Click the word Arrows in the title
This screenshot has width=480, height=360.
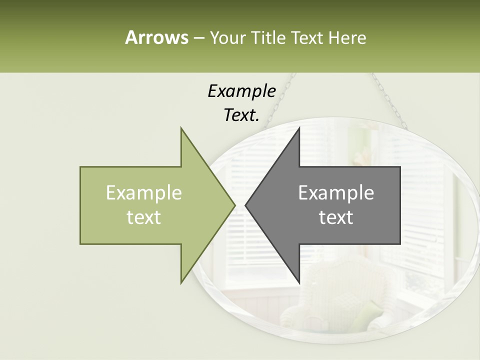(x=156, y=37)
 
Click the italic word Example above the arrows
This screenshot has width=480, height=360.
(x=241, y=91)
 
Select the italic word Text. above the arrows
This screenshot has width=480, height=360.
(x=241, y=115)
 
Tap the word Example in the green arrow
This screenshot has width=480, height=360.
(x=144, y=193)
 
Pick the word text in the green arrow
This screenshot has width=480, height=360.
(x=144, y=217)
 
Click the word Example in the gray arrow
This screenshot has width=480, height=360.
(x=336, y=193)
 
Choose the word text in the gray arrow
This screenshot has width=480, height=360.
(x=336, y=217)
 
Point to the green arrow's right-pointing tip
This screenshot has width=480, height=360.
(x=234, y=205)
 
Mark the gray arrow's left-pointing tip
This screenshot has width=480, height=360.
(x=246, y=205)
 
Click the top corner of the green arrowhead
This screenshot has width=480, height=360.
(x=181, y=129)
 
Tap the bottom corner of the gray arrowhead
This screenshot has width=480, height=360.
(x=299, y=282)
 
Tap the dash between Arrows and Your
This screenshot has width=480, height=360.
(x=198, y=38)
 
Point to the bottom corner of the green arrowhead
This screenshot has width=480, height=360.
(x=181, y=282)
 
